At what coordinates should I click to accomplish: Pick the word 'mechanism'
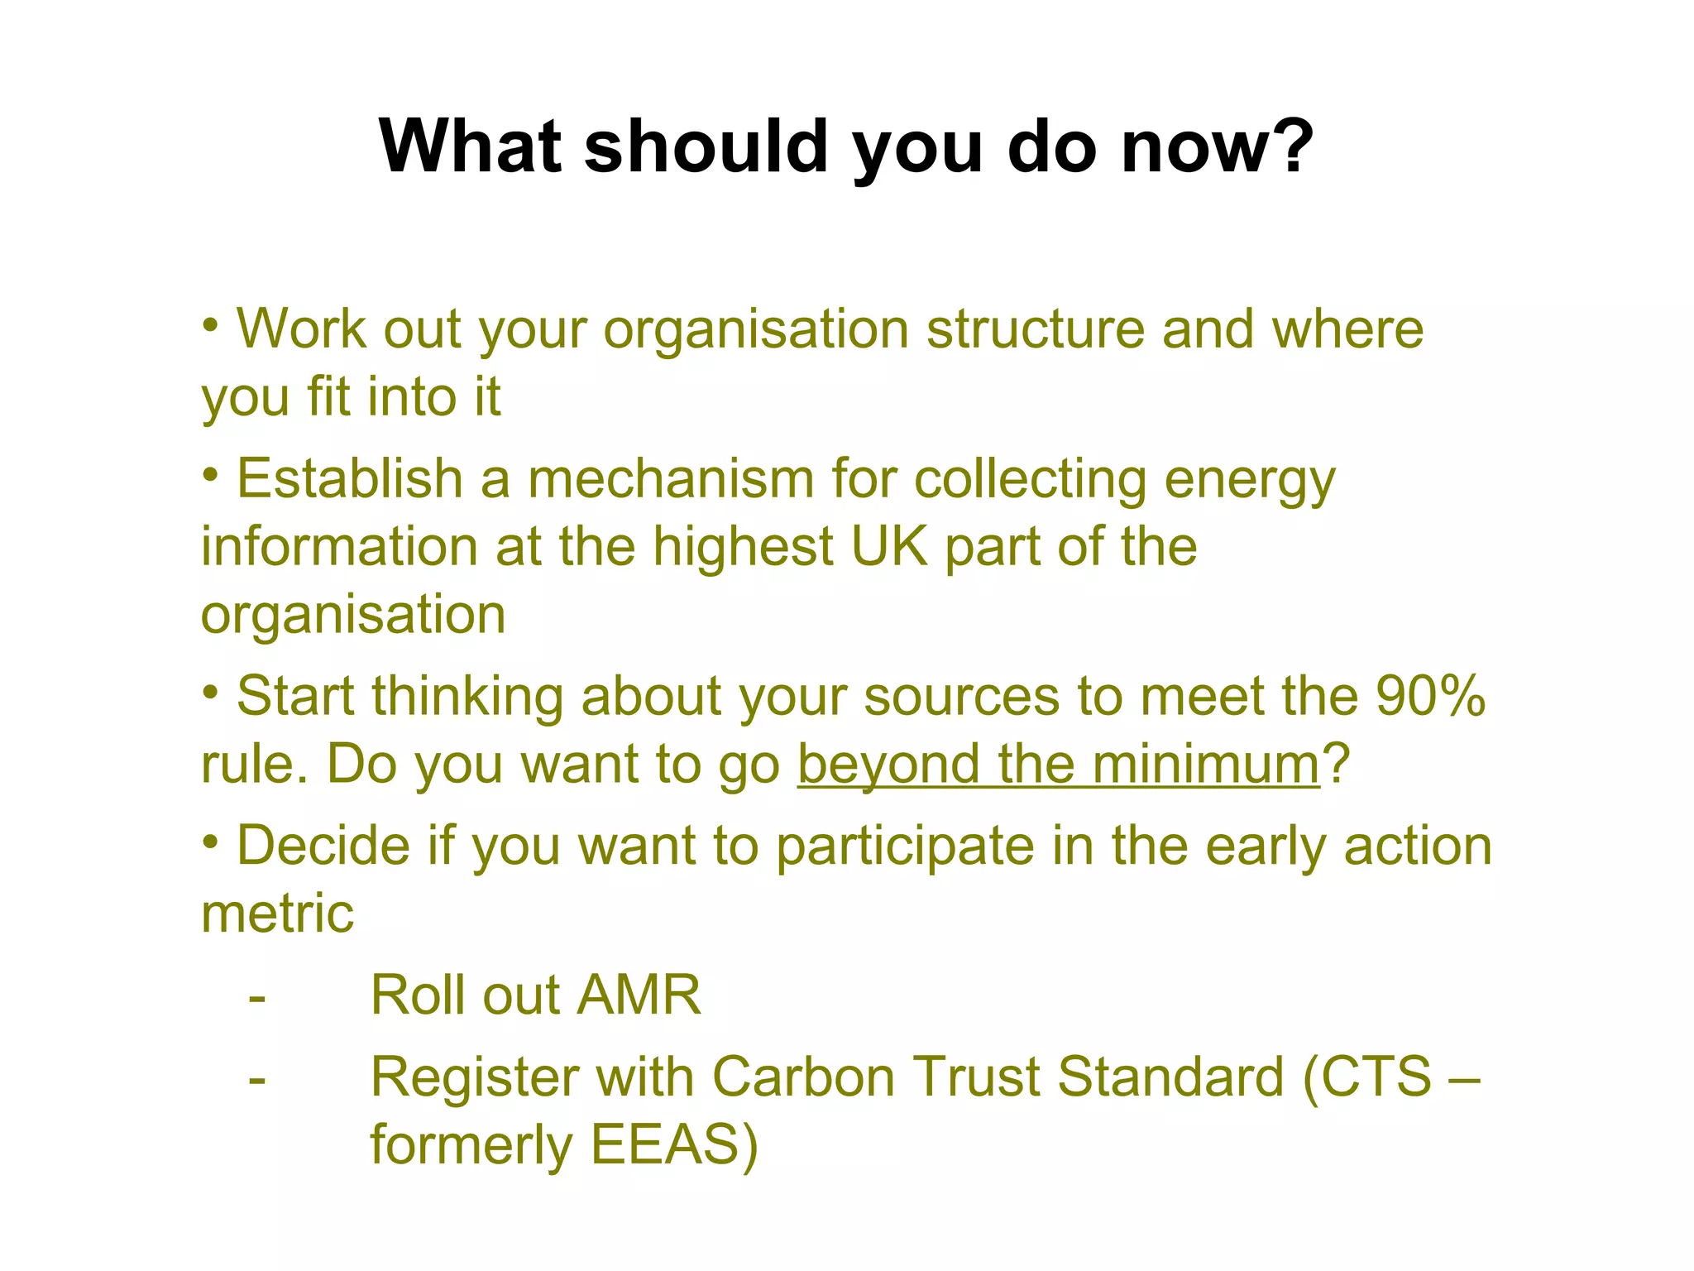671,479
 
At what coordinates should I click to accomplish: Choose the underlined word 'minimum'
1206,764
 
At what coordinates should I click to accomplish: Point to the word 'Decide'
323,846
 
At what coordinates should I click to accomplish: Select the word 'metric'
277,914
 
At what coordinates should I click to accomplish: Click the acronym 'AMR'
639,995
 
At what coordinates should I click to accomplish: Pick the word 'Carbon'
803,1077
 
